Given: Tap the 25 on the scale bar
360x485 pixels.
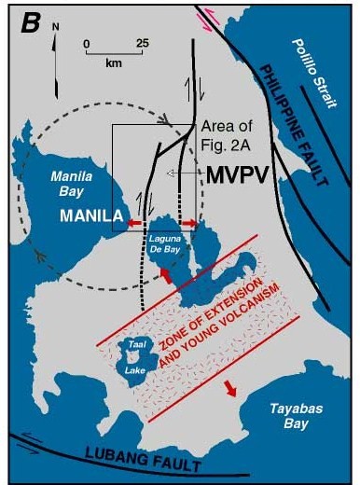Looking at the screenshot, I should pos(143,42).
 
